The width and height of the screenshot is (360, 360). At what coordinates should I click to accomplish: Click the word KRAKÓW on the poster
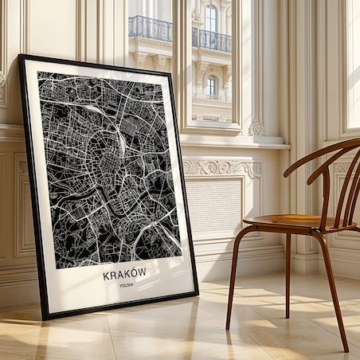(125, 273)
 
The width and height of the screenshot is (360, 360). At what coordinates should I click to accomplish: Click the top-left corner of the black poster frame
(22, 57)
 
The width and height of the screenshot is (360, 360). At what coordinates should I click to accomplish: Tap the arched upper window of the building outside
(211, 18)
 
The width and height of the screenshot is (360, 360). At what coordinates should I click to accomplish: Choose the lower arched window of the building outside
(211, 85)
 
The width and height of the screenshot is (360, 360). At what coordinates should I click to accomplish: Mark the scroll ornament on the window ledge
(256, 127)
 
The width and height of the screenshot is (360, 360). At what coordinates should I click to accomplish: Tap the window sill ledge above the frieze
(231, 144)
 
